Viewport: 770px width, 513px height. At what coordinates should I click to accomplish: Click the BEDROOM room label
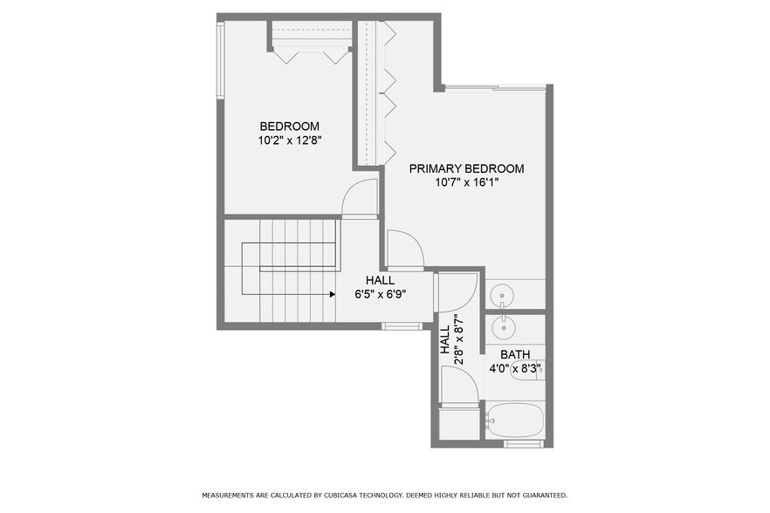pyautogui.click(x=289, y=126)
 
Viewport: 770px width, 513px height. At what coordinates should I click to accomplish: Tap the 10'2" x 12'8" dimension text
pyautogui.click(x=289, y=140)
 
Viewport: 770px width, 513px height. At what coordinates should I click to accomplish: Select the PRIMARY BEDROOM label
pyautogui.click(x=466, y=168)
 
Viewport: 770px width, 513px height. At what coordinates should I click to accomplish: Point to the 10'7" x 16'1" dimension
pyautogui.click(x=467, y=182)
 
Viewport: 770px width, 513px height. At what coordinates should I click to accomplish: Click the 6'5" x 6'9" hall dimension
pyautogui.click(x=380, y=294)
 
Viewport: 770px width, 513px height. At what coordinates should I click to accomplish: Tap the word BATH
pyautogui.click(x=515, y=354)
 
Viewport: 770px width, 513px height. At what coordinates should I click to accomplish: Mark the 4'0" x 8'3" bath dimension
pyautogui.click(x=516, y=368)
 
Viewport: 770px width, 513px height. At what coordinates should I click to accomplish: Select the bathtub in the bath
pyautogui.click(x=516, y=421)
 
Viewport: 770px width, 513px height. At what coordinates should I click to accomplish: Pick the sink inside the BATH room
pyautogui.click(x=504, y=328)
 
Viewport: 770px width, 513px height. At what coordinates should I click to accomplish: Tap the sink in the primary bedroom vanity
pyautogui.click(x=504, y=297)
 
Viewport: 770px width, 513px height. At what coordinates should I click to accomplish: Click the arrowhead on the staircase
pyautogui.click(x=333, y=295)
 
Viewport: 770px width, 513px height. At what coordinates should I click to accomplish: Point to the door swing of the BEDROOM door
pyautogui.click(x=359, y=198)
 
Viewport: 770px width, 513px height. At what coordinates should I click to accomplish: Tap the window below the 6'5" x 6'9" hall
pyautogui.click(x=400, y=326)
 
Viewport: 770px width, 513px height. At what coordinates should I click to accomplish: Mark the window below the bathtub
pyautogui.click(x=524, y=444)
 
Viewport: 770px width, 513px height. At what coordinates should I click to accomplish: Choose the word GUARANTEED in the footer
pyautogui.click(x=539, y=496)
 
